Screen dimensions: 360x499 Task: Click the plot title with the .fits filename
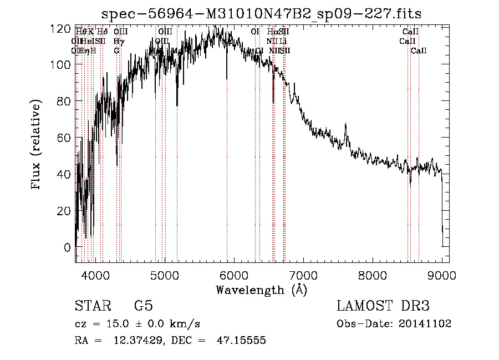pyautogui.click(x=266, y=13)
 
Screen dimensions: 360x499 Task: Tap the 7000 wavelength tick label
pyautogui.click(x=303, y=275)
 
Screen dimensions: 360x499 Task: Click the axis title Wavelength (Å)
pyautogui.click(x=261, y=290)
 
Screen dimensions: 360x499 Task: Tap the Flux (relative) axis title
pyautogui.click(x=37, y=145)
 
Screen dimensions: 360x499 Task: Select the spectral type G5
pyautogui.click(x=143, y=306)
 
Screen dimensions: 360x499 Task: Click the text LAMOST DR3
pyautogui.click(x=383, y=306)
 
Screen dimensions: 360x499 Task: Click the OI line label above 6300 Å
pyautogui.click(x=255, y=32)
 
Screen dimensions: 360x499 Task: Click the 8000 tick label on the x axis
pyautogui.click(x=372, y=275)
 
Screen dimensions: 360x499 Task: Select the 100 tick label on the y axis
pyautogui.click(x=63, y=65)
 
